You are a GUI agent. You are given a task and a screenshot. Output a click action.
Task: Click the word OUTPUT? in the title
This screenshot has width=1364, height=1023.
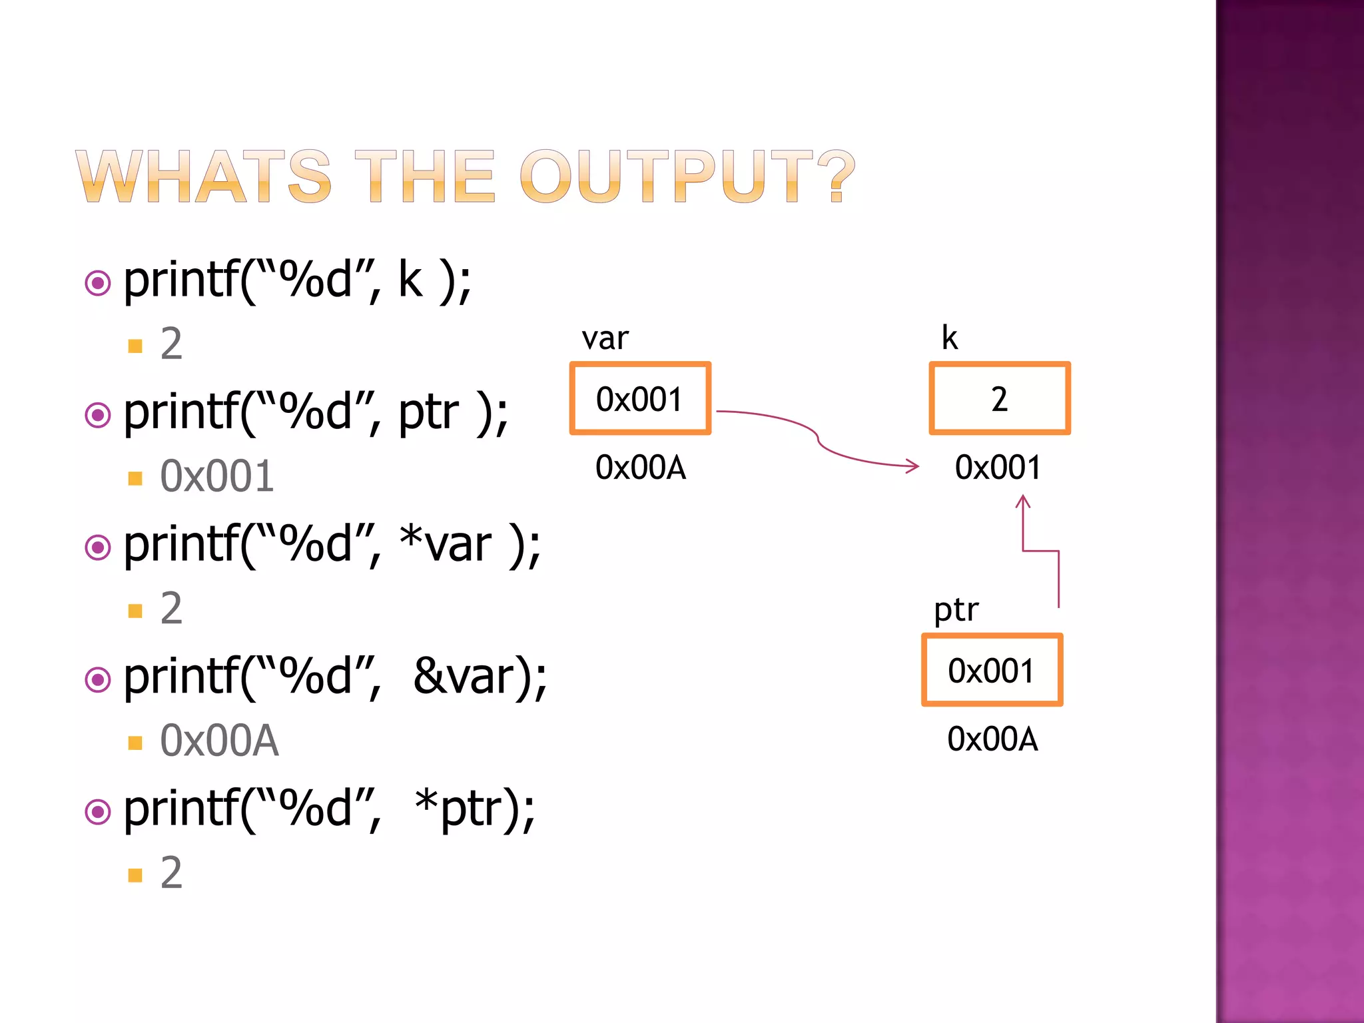click(x=686, y=176)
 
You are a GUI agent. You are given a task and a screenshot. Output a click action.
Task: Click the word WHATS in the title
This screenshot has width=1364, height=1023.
click(x=203, y=176)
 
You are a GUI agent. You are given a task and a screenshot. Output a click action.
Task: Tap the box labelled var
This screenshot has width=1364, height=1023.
click(x=640, y=399)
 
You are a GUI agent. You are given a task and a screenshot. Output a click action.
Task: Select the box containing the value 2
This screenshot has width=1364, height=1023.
click(x=999, y=399)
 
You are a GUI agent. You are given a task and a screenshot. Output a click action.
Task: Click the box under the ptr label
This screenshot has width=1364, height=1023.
click(x=992, y=670)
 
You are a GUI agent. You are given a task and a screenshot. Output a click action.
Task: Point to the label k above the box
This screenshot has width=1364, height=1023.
click(x=949, y=338)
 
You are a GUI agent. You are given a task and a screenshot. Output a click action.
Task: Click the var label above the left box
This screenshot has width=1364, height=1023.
click(x=605, y=338)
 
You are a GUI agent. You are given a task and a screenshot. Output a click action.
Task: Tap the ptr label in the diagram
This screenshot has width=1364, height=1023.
click(x=956, y=609)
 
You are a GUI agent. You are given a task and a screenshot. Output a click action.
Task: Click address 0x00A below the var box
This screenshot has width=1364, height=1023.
click(x=641, y=468)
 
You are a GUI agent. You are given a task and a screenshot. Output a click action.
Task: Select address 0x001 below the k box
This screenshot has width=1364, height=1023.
click(x=998, y=468)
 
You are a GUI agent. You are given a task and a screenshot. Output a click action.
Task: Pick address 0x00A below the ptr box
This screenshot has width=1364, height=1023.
click(x=992, y=739)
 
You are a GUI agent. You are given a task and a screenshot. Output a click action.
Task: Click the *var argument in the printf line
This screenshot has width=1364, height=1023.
click(x=446, y=545)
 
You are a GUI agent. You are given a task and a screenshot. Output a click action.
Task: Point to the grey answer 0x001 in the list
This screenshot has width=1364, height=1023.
click(x=217, y=476)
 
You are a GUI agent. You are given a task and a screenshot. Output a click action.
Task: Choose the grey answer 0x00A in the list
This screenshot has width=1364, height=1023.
click(x=219, y=741)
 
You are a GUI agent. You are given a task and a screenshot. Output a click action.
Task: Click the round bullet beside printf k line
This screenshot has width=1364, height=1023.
click(x=98, y=283)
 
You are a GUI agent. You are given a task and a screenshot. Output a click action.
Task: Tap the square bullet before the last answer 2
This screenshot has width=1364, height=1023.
click(x=135, y=874)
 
